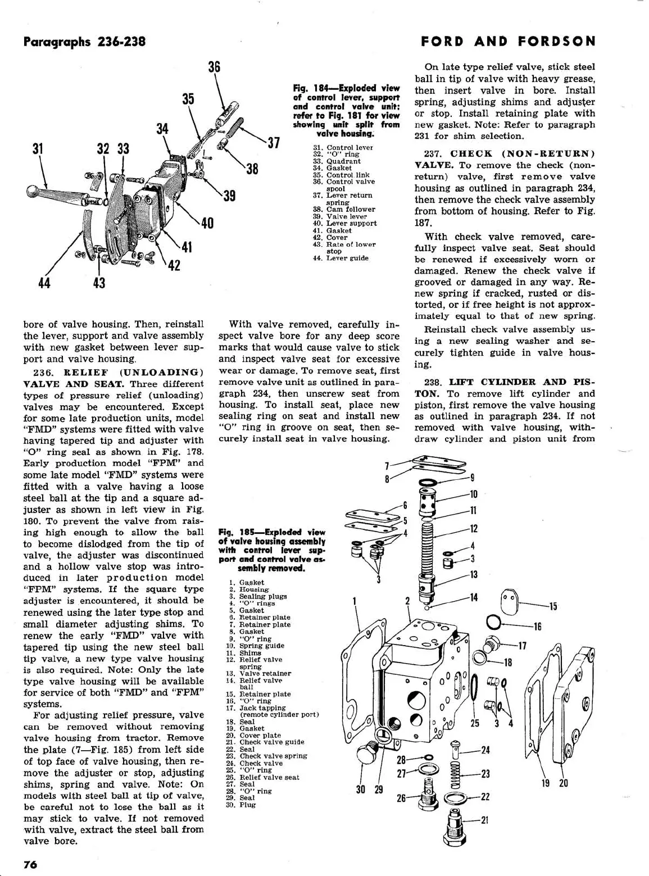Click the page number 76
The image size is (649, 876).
pos(30,864)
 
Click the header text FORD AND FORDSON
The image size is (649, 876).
pos(508,42)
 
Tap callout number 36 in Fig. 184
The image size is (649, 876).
pos(214,67)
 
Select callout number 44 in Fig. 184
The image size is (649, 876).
pos(44,283)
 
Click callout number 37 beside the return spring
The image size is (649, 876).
pos(273,143)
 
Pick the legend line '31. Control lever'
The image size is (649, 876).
pos(343,148)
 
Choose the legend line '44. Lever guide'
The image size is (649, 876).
pos(341,258)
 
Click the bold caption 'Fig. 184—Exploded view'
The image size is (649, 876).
pos(346,88)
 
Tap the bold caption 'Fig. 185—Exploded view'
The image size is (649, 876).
pos(272,532)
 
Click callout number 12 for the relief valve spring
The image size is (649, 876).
pos(474,529)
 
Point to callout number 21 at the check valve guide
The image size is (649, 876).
pos(484,820)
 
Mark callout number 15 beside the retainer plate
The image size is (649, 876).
pos(553,606)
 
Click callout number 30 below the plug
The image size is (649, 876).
pos(361,789)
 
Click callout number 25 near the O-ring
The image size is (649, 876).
pos(475,723)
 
